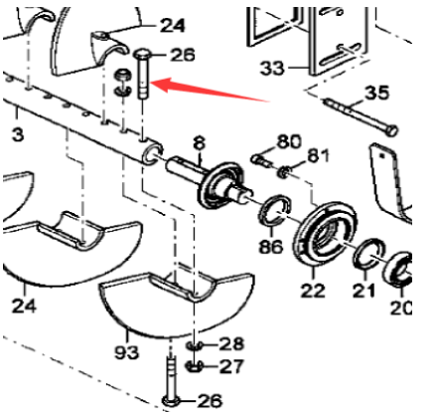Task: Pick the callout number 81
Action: tap(317, 154)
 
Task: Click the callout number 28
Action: tap(230, 343)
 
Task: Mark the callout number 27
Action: tap(230, 366)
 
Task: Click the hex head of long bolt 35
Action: tap(389, 129)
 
